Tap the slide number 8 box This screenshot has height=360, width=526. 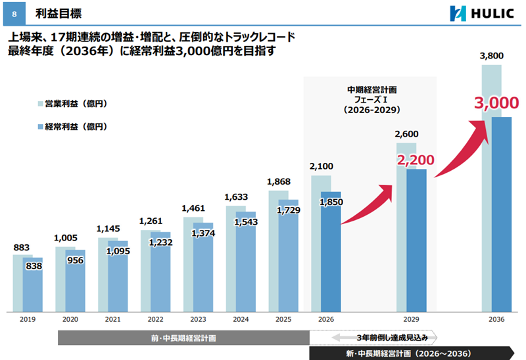pyautogui.click(x=14, y=13)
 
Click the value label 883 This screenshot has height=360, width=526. pyautogui.click(x=22, y=248)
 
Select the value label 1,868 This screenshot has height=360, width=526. pyautogui.click(x=279, y=182)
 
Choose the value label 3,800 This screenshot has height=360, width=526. pyautogui.click(x=492, y=56)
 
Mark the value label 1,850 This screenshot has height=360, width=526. pyautogui.click(x=331, y=202)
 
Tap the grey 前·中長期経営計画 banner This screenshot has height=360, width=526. pyautogui.click(x=183, y=338)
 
